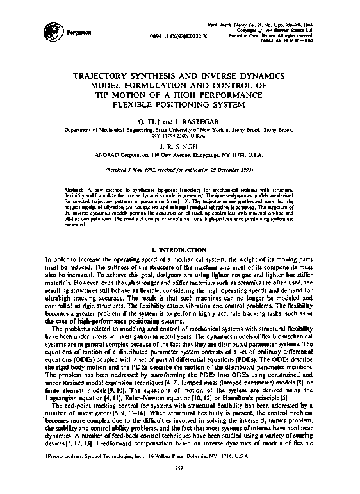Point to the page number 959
coord(180,484)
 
